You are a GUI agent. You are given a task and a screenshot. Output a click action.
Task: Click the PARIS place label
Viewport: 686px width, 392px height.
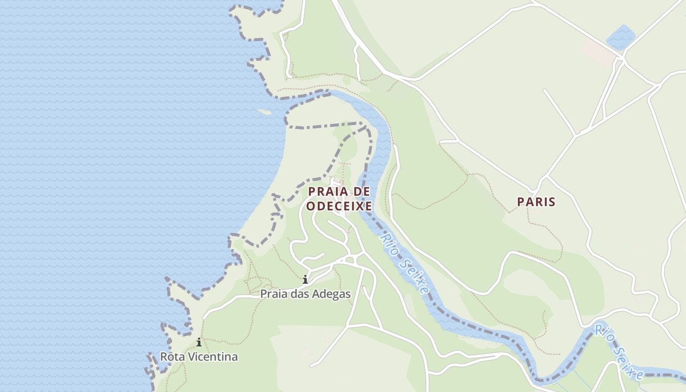(x=536, y=201)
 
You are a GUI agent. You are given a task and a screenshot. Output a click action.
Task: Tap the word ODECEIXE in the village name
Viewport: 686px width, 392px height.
(x=339, y=206)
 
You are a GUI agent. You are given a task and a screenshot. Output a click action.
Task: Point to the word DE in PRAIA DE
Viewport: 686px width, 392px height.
(x=362, y=191)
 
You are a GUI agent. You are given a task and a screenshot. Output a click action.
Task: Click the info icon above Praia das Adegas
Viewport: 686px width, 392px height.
(x=305, y=280)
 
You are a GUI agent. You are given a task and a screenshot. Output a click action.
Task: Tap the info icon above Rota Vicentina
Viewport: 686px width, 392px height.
(x=199, y=343)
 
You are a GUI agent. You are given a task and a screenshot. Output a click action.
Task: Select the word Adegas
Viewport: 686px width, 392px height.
(x=333, y=294)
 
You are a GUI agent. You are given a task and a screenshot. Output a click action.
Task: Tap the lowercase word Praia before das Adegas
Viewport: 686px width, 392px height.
(x=274, y=294)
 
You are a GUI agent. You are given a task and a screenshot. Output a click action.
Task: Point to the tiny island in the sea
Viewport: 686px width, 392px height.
(x=265, y=112)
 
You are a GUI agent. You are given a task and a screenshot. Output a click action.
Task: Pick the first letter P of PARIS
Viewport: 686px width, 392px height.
(x=521, y=201)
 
